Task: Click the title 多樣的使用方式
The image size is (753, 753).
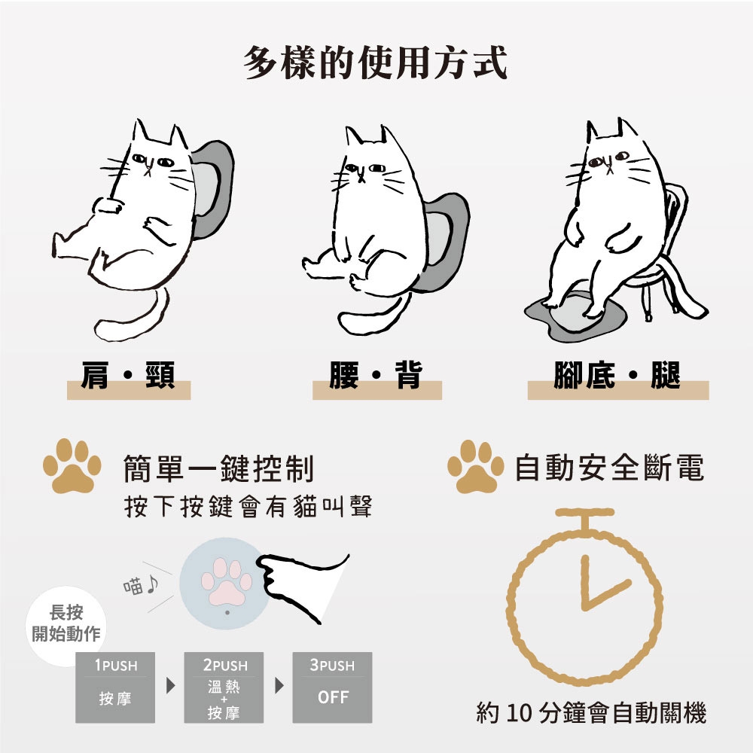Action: [x=376, y=62]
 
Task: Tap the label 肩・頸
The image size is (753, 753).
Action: [x=128, y=376]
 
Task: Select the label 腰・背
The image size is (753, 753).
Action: [x=376, y=376]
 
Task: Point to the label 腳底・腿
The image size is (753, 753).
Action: [x=617, y=376]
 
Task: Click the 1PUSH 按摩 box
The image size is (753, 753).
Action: [x=115, y=687]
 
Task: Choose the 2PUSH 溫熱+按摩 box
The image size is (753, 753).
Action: [x=224, y=687]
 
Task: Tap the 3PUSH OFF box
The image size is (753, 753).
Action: [x=332, y=687]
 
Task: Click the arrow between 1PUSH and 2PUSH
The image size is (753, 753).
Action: [x=170, y=685]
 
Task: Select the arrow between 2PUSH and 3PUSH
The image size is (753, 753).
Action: [x=279, y=685]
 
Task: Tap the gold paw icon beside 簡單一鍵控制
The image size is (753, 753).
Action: [x=72, y=466]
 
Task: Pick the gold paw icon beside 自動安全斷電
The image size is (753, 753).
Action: [x=476, y=467]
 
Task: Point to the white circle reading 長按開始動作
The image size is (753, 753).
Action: [x=66, y=624]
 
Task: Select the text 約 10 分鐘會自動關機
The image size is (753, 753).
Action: [x=591, y=712]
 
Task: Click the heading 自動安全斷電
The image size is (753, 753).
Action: [x=609, y=468]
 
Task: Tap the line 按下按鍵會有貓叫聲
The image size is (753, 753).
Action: [x=248, y=506]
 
